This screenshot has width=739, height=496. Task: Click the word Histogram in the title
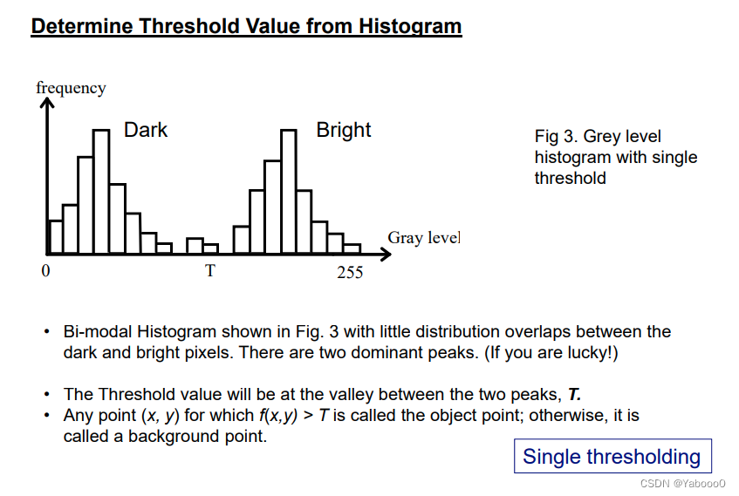pyautogui.click(x=410, y=26)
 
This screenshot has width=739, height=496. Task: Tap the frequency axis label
pyautogui.click(x=72, y=88)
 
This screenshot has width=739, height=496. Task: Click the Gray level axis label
pyautogui.click(x=424, y=238)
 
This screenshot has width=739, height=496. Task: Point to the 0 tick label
pyautogui.click(x=45, y=270)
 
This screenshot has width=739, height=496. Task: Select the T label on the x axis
pyautogui.click(x=210, y=271)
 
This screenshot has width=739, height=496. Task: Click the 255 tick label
pyautogui.click(x=350, y=272)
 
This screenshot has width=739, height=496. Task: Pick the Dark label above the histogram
pyautogui.click(x=145, y=130)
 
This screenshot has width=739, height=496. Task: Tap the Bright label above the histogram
pyautogui.click(x=344, y=131)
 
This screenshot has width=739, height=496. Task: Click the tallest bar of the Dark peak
pyautogui.click(x=101, y=192)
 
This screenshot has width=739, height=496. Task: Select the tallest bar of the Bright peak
pyautogui.click(x=289, y=192)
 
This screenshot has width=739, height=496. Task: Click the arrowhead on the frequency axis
pyautogui.click(x=47, y=102)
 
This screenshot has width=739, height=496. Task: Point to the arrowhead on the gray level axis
pyautogui.click(x=386, y=255)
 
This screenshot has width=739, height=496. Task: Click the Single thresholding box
pyautogui.click(x=612, y=456)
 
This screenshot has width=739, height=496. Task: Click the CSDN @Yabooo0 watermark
pyautogui.click(x=682, y=483)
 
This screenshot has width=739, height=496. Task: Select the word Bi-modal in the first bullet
pyautogui.click(x=98, y=331)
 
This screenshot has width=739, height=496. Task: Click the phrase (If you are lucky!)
pyautogui.click(x=551, y=352)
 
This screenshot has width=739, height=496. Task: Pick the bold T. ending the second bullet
pyautogui.click(x=574, y=394)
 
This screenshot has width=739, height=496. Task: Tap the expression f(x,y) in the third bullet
pyautogui.click(x=278, y=416)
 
